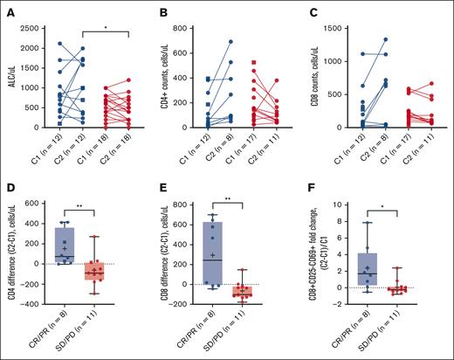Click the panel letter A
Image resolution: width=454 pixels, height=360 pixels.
pyautogui.click(x=7, y=10)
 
